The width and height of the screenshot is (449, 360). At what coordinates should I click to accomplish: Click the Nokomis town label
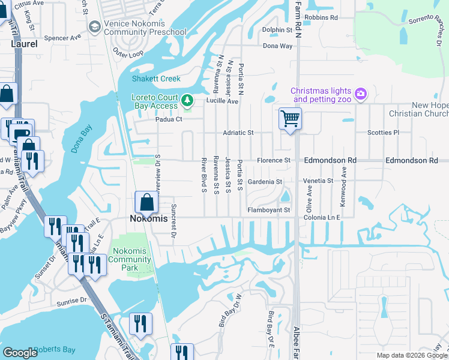[146, 219]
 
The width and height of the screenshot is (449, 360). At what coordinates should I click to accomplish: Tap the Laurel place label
[23, 44]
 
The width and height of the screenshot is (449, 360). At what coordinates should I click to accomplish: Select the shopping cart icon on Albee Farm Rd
[290, 118]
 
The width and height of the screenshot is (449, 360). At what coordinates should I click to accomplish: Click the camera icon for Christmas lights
[360, 93]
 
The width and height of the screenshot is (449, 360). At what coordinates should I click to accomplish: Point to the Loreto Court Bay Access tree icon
[187, 100]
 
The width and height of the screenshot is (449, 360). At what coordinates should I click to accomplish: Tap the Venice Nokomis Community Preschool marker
[94, 27]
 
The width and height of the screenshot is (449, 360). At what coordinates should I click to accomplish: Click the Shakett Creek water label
[156, 79]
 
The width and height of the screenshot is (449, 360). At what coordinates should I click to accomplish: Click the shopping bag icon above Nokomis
[147, 202]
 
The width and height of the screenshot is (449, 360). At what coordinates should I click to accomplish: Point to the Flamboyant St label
[269, 210]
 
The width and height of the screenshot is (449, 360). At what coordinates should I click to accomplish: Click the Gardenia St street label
[265, 181]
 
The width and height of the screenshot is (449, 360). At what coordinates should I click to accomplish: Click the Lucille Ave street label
[223, 101]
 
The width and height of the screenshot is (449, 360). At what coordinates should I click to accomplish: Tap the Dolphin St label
[277, 29]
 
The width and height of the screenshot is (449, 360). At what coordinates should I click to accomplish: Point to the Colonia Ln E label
[324, 217]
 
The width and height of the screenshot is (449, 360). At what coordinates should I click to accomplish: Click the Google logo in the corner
[20, 353]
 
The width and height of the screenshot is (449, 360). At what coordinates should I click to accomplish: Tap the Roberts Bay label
[53, 349]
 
